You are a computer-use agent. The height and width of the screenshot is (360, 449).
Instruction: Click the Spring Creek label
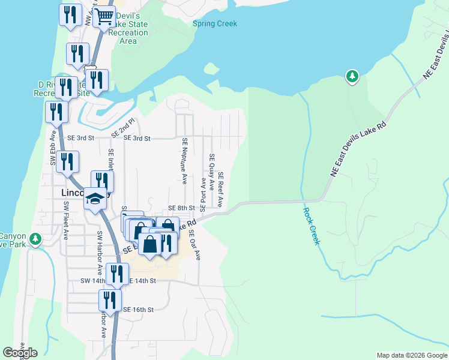[215, 24]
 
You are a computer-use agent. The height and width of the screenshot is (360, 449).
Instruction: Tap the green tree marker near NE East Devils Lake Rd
[352, 76]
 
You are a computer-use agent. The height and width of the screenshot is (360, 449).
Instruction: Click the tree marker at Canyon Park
[35, 239]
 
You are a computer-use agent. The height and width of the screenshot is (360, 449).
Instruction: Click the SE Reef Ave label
[221, 189]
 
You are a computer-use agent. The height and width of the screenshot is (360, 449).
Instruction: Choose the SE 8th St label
[181, 208]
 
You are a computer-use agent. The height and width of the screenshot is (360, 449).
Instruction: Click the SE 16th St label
[139, 310]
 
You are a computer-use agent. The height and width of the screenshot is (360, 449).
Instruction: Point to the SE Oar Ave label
[194, 244]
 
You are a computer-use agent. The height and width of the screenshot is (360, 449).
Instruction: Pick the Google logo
[20, 353]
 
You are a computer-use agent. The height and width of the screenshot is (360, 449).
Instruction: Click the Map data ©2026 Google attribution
[412, 355]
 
